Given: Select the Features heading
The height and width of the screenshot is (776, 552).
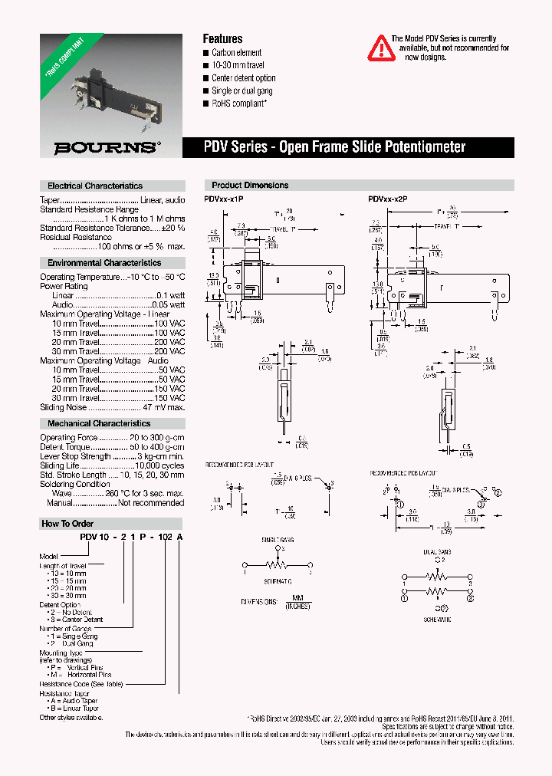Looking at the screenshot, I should [x=222, y=38].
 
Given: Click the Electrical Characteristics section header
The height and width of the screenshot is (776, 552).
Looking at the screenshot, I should [x=95, y=186].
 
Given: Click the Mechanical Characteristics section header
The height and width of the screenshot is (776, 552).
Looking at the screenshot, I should [x=99, y=423].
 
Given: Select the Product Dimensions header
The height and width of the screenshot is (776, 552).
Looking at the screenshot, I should [x=250, y=185].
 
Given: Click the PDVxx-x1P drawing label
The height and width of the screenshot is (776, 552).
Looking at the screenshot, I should [x=223, y=199].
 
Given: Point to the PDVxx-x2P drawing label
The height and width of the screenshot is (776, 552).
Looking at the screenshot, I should [x=387, y=199].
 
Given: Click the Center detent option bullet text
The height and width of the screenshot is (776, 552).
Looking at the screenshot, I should [x=243, y=78].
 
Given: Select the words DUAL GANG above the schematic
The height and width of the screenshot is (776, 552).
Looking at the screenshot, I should [x=436, y=551].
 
